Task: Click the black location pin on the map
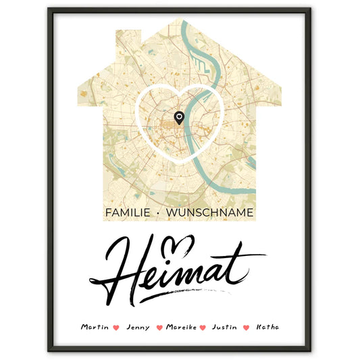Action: coord(178,118)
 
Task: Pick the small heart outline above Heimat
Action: coord(181,241)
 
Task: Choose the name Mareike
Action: coord(180,327)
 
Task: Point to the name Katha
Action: coord(267,327)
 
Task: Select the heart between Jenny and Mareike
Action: coord(159,328)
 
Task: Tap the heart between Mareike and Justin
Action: coord(204,328)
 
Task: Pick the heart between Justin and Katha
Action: coord(246,328)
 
